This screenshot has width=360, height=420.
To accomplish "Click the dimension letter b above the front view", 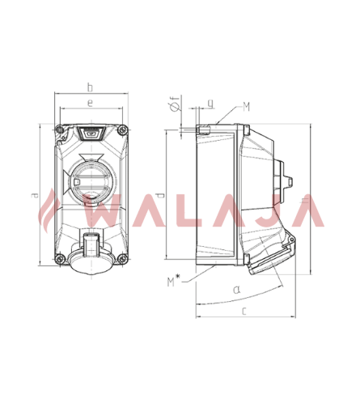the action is click(90, 87).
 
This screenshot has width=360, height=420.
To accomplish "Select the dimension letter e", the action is click(90, 103).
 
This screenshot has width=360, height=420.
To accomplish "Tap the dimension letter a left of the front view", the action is click(34, 195).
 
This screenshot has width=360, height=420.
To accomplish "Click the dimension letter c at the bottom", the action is click(244, 311).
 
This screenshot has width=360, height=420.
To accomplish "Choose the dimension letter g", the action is click(210, 104).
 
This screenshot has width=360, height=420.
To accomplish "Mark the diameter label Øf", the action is click(176, 104).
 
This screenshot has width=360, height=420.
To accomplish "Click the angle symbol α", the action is click(236, 290).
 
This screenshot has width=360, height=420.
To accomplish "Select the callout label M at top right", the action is click(247, 107).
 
